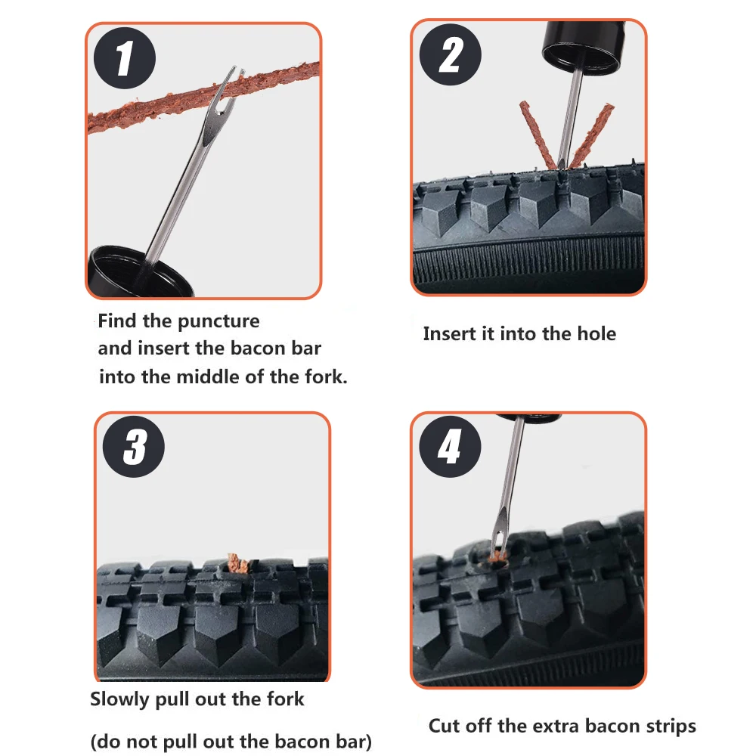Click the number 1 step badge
coord(125,58)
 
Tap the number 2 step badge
coord(451,54)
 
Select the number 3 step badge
coord(134,447)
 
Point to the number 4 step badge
coord(450,447)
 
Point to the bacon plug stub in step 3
coord(237,564)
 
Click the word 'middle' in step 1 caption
coord(208,376)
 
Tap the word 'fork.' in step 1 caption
coord(326,376)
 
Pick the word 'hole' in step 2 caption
coord(596,333)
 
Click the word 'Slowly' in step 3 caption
coord(120,699)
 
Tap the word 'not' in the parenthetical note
coord(142,742)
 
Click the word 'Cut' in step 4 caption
coord(444,726)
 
